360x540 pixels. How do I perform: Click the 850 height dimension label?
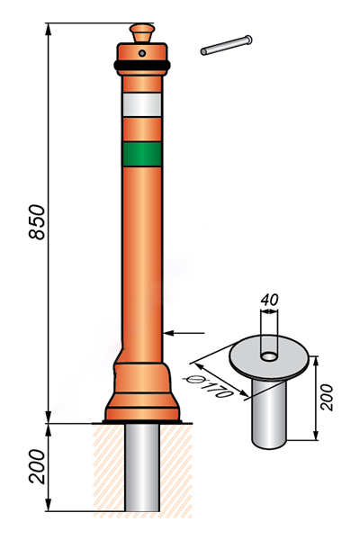click(x=37, y=222)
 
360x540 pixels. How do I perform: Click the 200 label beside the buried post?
click(x=37, y=466)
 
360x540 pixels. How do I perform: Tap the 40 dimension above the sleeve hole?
click(x=269, y=300)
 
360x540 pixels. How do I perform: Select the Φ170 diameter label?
click(x=209, y=386)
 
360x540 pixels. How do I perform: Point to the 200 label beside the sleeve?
click(x=327, y=398)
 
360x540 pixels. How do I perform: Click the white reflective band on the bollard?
click(x=142, y=104)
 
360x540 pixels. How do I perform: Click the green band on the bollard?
click(x=142, y=154)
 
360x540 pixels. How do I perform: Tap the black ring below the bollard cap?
click(x=142, y=65)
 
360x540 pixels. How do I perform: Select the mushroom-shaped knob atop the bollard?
click(x=142, y=32)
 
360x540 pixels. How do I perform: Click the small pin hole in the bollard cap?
click(x=142, y=53)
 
